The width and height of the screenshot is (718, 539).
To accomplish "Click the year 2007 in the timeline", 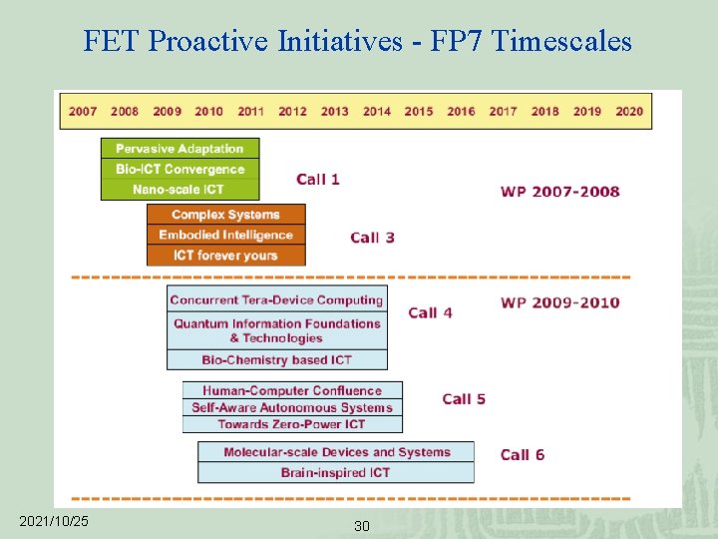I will pyautogui.click(x=83, y=111).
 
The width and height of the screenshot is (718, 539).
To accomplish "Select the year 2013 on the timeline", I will pyautogui.click(x=335, y=111).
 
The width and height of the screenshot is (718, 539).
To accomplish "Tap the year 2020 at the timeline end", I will pyautogui.click(x=629, y=111).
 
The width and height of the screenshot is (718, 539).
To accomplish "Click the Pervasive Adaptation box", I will pyautogui.click(x=179, y=149).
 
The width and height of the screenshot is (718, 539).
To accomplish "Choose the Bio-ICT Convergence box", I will pyautogui.click(x=179, y=169).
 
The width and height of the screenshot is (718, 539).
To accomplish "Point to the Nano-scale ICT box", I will pyautogui.click(x=179, y=189).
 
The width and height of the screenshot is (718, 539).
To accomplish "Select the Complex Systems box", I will pyautogui.click(x=225, y=215).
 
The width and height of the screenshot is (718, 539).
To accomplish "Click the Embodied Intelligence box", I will pyautogui.click(x=225, y=235).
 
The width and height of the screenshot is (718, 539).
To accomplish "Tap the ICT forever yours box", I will pyautogui.click(x=225, y=256).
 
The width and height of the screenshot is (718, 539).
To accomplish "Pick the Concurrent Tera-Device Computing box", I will pyautogui.click(x=276, y=299).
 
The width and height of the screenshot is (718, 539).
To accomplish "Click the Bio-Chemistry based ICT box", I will pyautogui.click(x=276, y=359).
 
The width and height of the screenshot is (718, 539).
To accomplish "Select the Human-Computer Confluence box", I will pyautogui.click(x=292, y=390).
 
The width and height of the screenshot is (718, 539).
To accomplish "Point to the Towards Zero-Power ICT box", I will pyautogui.click(x=292, y=424).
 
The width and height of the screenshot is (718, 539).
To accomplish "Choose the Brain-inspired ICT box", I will pyautogui.click(x=335, y=472).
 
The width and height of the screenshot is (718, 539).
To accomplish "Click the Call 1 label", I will pyautogui.click(x=318, y=180).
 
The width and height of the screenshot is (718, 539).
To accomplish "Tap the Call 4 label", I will pyautogui.click(x=430, y=312).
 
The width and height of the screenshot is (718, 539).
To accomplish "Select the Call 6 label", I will pyautogui.click(x=522, y=455).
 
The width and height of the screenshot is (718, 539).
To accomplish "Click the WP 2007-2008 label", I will pyautogui.click(x=559, y=192).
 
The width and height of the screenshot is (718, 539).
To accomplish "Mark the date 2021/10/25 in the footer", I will pyautogui.click(x=54, y=521).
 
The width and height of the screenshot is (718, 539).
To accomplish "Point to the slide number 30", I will pyautogui.click(x=361, y=526).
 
